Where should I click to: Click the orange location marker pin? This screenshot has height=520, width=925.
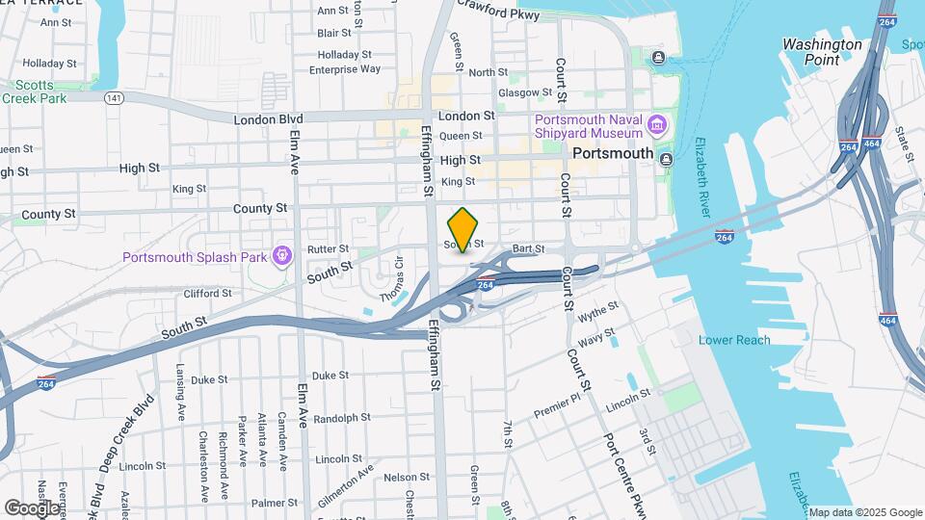tap(462, 228)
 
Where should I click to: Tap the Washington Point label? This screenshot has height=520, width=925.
tap(822, 52)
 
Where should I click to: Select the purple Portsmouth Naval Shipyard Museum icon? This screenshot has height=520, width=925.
tap(657, 124)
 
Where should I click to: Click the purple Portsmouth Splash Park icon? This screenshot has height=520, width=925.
tap(281, 256)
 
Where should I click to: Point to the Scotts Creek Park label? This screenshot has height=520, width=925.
tap(34, 91)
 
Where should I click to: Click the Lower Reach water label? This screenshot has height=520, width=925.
tap(734, 340)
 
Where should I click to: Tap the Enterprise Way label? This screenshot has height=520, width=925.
tap(345, 69)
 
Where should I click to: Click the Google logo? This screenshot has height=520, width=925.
tap(32, 507)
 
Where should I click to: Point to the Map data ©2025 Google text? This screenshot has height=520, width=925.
tap(865, 512)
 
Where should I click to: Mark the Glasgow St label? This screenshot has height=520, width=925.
tap(525, 93)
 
